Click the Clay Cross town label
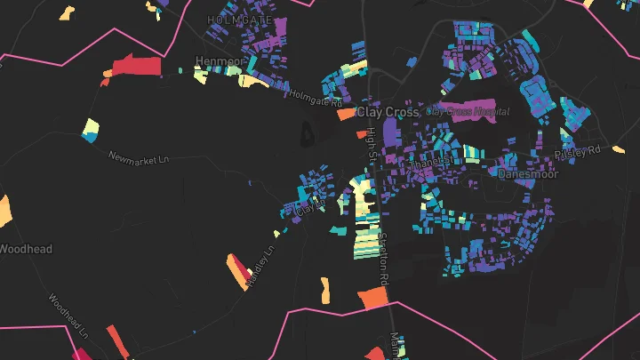coord(387,113)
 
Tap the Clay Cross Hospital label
coord(468,112)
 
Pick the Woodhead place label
coord(26,249)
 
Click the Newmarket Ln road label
coord(138,159)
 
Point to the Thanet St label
coord(428,164)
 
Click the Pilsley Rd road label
coord(577,154)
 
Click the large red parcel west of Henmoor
coord(136,68)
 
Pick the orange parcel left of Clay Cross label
coord(345,114)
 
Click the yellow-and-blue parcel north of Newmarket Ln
coord(91,131)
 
